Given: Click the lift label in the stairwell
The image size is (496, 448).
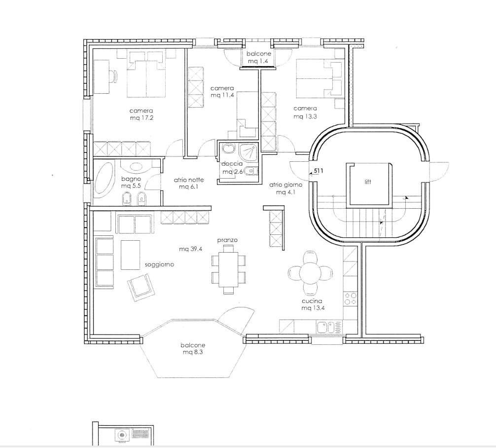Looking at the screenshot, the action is point(368,182).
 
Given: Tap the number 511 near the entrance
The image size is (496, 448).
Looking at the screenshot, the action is point(319,171).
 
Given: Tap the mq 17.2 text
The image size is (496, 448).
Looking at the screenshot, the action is point(142,118).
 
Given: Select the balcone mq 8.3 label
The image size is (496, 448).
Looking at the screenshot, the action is point(193,348).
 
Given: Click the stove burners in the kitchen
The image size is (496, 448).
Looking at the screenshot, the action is point(350,299).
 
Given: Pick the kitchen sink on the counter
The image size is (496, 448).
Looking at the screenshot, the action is point(326,327).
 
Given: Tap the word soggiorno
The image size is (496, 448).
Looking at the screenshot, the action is point(159,264).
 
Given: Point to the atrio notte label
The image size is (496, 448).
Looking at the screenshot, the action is point(189,180).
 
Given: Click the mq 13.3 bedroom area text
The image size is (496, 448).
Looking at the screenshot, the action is point(305,116).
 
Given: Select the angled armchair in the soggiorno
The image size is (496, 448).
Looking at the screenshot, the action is point(142,288).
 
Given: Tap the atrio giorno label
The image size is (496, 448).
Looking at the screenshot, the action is point(285,185).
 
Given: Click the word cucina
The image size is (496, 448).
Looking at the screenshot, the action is point(312,301).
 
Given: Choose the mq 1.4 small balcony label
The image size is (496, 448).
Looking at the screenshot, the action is point(258,61).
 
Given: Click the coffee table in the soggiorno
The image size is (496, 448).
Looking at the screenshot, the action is point(130,255).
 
